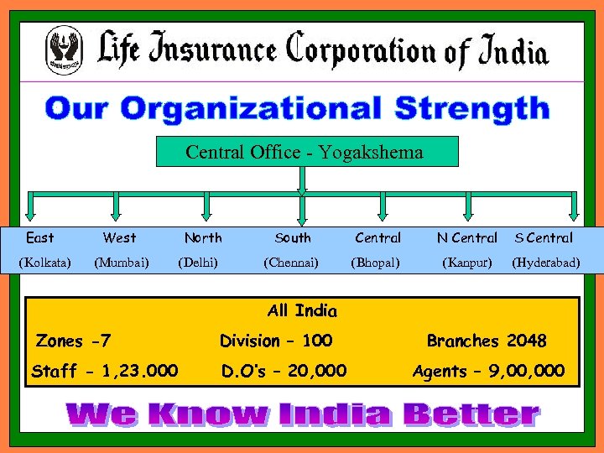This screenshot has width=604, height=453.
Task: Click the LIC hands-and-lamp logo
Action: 65,49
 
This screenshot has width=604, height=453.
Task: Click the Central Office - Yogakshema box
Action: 305,152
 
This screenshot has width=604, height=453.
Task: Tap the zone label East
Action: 40,238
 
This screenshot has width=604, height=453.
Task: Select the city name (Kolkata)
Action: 44,263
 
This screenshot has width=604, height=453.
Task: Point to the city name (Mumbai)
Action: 122,263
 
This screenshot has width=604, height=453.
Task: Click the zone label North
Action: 203,238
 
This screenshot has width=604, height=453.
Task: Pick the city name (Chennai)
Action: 291,263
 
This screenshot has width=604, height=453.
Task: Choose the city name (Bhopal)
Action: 375,263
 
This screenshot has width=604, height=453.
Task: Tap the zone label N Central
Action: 466,238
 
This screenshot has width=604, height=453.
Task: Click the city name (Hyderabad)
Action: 545,263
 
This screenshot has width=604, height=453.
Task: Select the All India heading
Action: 302,311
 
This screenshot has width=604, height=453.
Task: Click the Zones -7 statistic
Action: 74,341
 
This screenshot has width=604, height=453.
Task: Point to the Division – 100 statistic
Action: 276,341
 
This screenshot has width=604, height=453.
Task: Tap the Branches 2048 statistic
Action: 487,341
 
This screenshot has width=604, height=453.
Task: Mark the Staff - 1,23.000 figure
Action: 104,371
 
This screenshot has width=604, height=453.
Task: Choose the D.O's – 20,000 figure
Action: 284,371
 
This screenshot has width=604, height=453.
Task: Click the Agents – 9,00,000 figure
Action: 488,371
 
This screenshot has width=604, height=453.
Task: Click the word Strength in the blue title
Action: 471,109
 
